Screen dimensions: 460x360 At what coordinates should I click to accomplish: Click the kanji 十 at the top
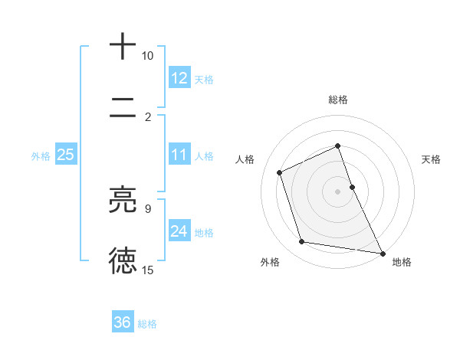tap(123, 47)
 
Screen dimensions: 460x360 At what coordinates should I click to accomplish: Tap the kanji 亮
tap(123, 200)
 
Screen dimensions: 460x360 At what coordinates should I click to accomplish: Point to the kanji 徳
tap(123, 260)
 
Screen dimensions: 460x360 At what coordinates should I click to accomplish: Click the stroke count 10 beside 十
tap(147, 56)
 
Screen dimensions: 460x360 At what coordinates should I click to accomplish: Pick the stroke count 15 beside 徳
tap(147, 270)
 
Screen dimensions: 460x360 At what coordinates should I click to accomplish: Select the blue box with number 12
tap(179, 78)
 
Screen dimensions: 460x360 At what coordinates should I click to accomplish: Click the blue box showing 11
tap(179, 155)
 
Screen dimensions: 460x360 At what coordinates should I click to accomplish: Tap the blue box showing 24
tap(179, 231)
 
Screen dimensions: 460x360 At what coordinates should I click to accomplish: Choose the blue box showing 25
tap(65, 155)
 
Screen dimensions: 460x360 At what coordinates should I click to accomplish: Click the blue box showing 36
tap(123, 323)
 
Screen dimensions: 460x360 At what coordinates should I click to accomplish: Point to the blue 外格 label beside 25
tap(41, 156)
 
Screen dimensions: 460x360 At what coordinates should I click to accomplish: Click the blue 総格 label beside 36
tap(147, 324)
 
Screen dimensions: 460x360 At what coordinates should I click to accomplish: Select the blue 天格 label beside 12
tap(204, 79)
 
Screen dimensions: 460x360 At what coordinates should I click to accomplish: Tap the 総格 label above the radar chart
tap(338, 100)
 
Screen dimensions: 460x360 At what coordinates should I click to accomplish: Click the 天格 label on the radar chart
tap(432, 159)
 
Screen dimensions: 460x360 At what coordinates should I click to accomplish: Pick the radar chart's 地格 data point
tap(383, 252)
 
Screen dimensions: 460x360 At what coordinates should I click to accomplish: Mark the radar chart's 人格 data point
tap(280, 172)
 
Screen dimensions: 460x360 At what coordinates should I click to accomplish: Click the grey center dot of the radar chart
tap(338, 191)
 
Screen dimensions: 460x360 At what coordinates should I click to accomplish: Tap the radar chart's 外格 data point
tap(302, 242)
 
